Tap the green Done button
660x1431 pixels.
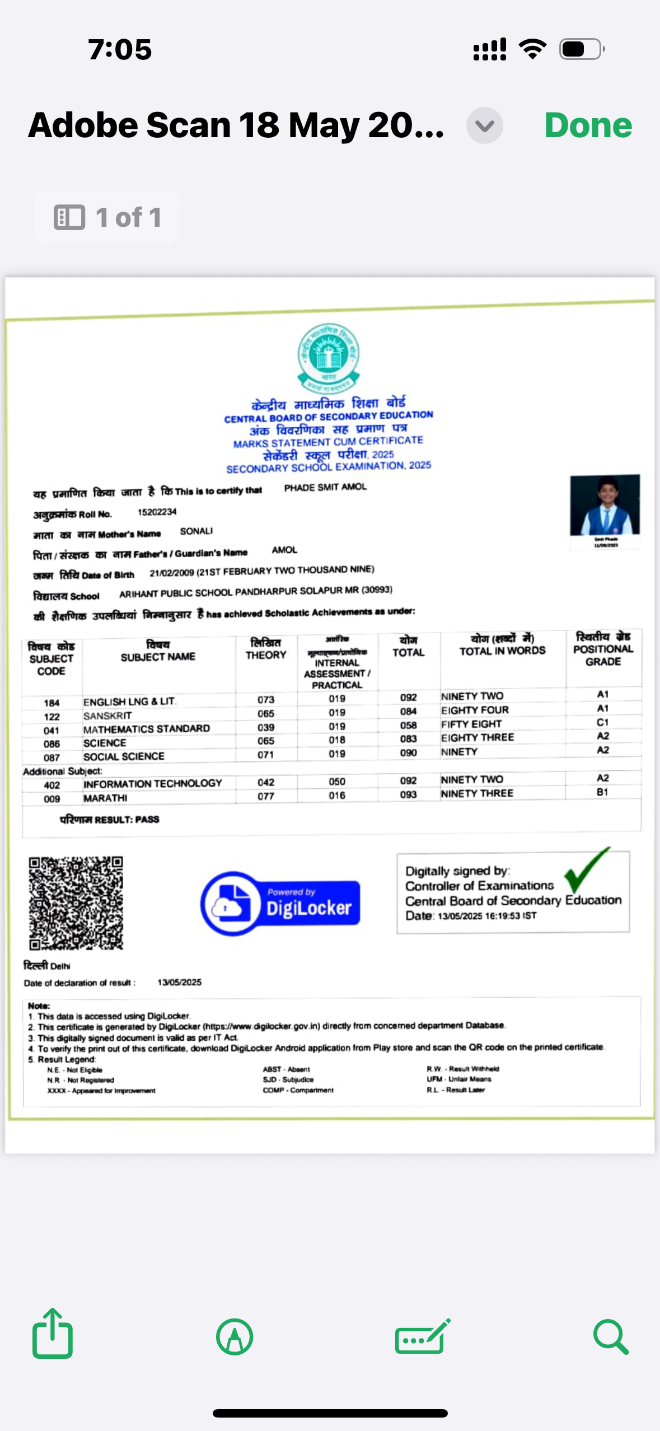click(588, 125)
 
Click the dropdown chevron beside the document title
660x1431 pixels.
click(484, 125)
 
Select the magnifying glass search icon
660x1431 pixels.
click(610, 1337)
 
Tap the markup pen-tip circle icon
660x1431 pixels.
click(235, 1337)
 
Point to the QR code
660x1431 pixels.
click(76, 902)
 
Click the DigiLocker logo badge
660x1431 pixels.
click(280, 903)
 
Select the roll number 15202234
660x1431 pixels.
click(157, 512)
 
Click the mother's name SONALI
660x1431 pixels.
click(196, 531)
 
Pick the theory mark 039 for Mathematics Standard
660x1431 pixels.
click(266, 727)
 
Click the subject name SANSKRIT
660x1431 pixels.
click(107, 715)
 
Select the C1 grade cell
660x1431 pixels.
click(602, 722)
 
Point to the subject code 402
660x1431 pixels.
click(52, 785)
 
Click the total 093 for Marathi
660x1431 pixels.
click(408, 794)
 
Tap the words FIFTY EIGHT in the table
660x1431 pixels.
click(471, 724)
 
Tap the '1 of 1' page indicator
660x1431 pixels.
click(107, 217)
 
